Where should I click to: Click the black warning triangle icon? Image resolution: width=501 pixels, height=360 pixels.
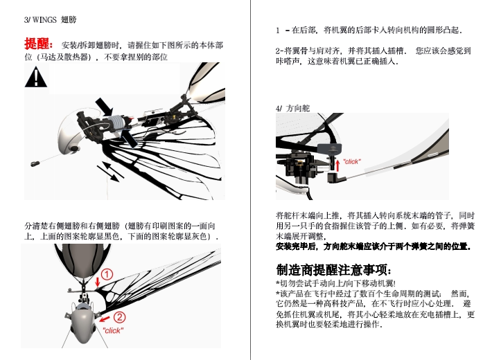[x=33, y=78]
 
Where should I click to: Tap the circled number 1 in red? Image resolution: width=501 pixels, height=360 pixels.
[x=107, y=275]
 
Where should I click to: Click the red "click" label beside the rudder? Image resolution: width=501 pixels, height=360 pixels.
[x=352, y=161]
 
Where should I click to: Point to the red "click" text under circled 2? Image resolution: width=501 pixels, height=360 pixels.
[x=112, y=330]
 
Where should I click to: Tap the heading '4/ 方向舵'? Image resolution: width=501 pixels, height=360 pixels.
[x=292, y=108]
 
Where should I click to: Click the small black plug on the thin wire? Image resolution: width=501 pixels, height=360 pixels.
[x=33, y=163]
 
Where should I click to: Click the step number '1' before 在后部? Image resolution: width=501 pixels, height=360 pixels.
[x=278, y=30]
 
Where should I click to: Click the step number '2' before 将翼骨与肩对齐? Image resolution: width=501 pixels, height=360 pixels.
[x=278, y=51]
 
